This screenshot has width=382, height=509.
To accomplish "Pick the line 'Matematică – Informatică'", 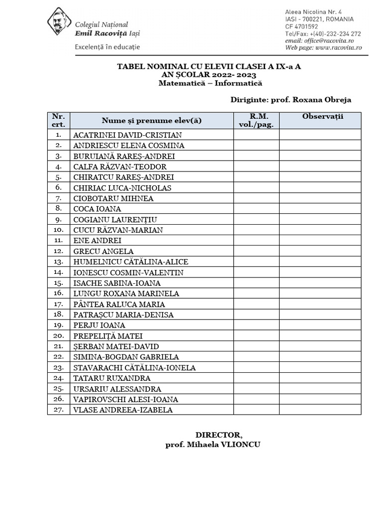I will [x=210, y=83].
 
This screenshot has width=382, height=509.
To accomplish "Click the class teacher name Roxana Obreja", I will [x=322, y=99].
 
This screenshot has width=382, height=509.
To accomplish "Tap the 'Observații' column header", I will [x=320, y=117].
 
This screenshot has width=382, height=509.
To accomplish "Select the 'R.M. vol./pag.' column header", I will [x=256, y=120].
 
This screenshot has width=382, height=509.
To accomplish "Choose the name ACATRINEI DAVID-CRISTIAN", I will [x=127, y=135].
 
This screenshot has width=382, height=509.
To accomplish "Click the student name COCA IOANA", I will [x=97, y=209].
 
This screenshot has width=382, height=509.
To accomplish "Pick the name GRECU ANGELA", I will [x=103, y=252].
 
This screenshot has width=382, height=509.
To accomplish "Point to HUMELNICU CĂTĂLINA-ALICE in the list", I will [x=131, y=262].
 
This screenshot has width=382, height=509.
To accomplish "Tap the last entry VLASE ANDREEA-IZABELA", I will [x=123, y=410].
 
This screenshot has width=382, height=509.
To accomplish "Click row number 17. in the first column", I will [x=59, y=304].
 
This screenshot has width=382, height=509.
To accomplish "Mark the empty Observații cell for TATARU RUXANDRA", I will [x=320, y=378].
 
